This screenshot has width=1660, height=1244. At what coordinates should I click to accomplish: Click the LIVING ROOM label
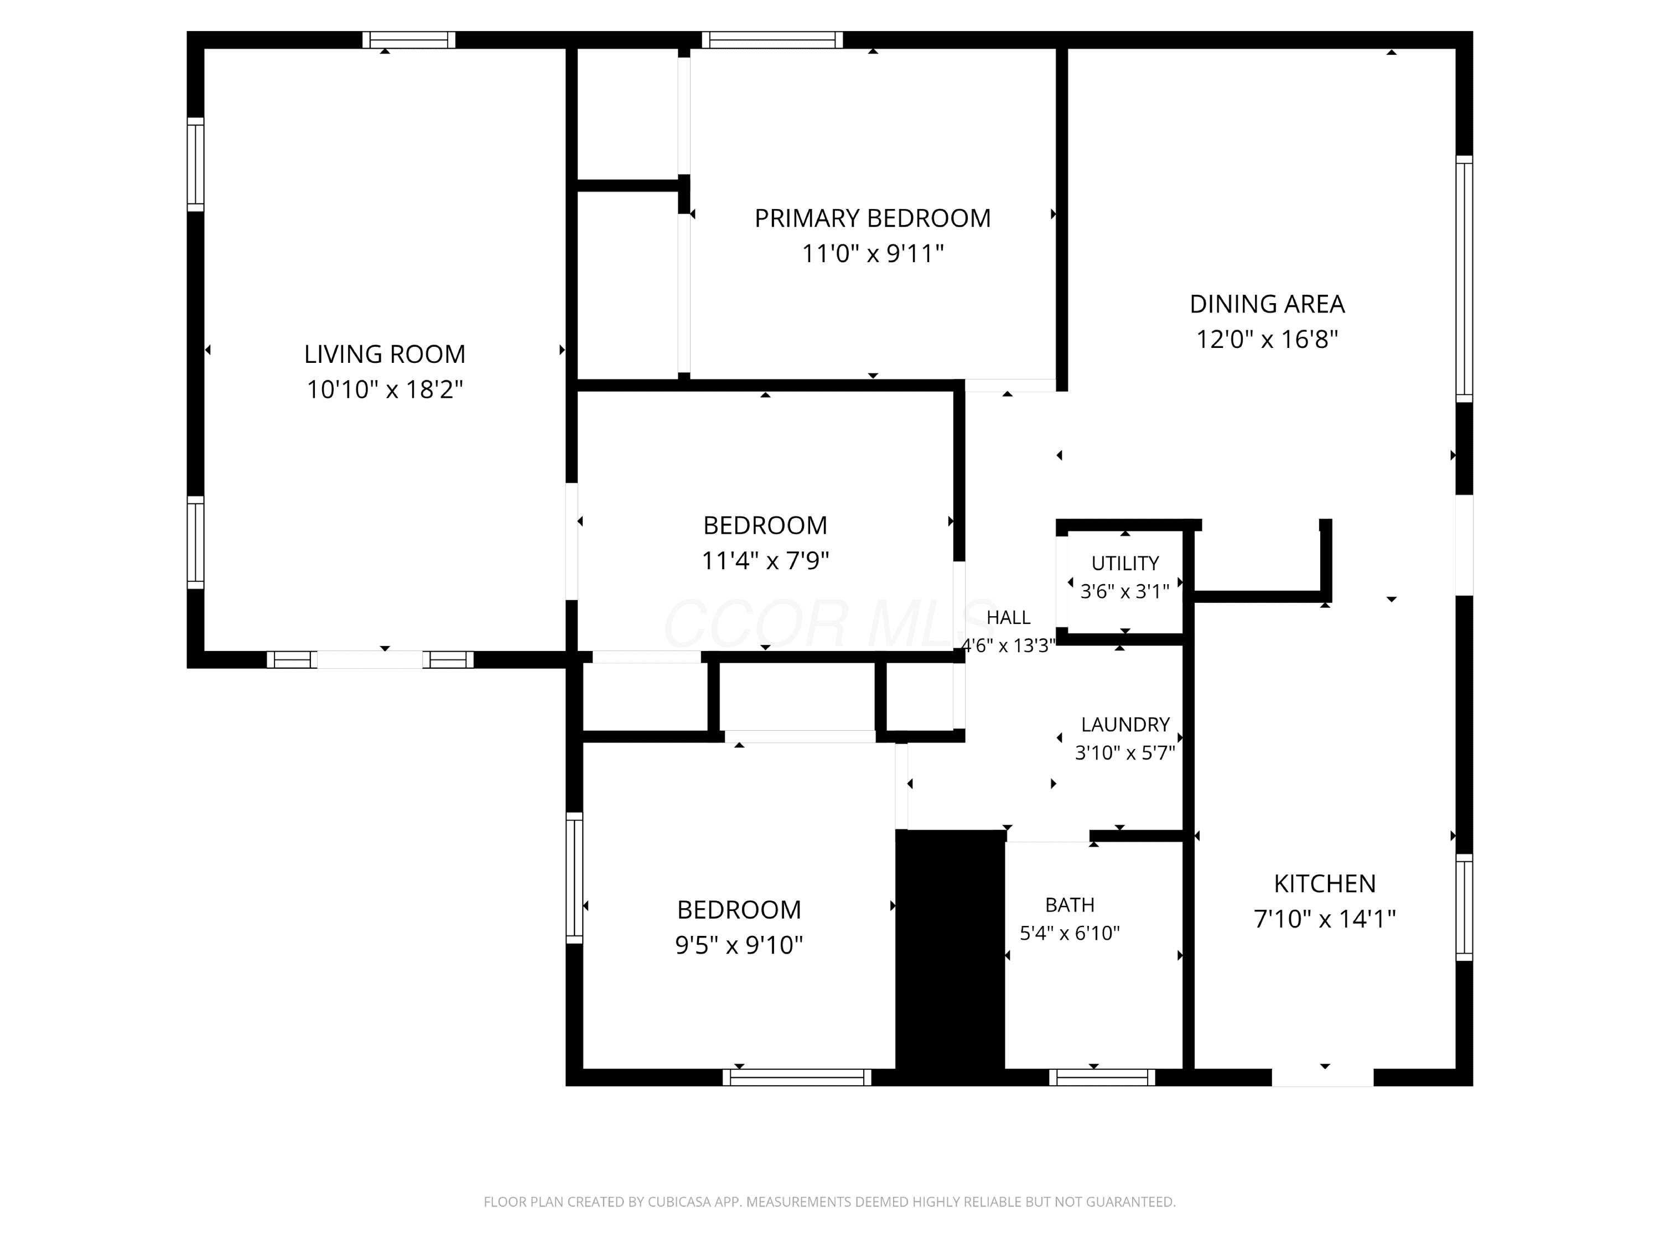click(x=384, y=353)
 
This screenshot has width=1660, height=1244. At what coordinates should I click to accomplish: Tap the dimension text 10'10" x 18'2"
click(x=384, y=389)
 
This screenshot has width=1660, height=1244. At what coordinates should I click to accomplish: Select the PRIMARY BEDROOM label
click(x=872, y=218)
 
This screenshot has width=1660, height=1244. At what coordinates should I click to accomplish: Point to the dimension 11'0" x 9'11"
click(x=872, y=253)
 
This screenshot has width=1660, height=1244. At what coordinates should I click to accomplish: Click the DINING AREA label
click(x=1267, y=304)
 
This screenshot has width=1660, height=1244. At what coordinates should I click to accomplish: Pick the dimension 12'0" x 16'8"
click(x=1267, y=339)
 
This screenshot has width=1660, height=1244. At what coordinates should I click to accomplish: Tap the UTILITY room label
click(x=1125, y=563)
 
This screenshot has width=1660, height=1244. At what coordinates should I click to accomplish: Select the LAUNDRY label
click(x=1125, y=724)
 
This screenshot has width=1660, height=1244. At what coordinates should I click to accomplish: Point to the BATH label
click(x=1070, y=905)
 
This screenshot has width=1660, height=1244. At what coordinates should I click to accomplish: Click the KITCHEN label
click(x=1325, y=883)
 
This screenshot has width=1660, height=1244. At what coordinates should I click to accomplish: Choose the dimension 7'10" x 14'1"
click(x=1325, y=918)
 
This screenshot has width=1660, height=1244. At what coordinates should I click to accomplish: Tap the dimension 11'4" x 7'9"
click(x=765, y=560)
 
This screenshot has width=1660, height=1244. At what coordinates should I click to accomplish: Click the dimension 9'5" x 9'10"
click(x=739, y=945)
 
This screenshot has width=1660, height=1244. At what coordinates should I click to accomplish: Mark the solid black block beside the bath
click(x=950, y=956)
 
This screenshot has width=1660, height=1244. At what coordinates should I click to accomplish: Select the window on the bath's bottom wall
click(x=1102, y=1078)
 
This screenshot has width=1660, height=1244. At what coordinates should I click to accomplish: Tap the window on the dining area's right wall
click(x=1464, y=279)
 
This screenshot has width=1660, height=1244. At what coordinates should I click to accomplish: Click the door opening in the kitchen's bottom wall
click(x=1322, y=1078)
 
